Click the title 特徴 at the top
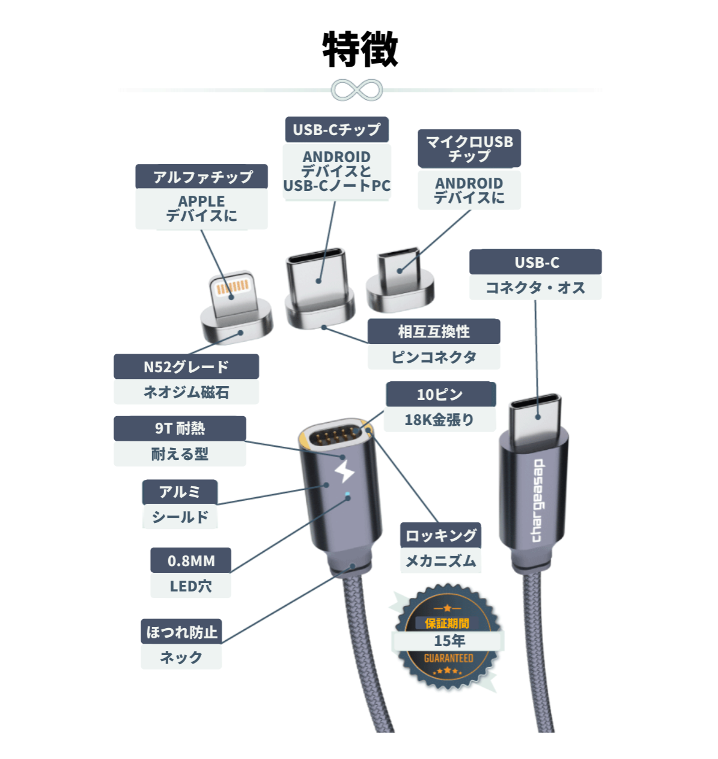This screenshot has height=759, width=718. (x=360, y=49)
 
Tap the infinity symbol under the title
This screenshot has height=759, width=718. (x=356, y=90)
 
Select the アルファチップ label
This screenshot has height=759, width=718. (x=201, y=177)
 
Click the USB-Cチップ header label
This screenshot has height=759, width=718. (x=336, y=129)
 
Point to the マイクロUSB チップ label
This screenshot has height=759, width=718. (x=469, y=148)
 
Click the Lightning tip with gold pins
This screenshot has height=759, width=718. (x=236, y=307)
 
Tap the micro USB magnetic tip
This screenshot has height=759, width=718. (x=400, y=280)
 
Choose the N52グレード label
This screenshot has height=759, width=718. (x=186, y=366)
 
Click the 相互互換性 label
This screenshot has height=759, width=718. (x=434, y=331)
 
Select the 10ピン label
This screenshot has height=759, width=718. (x=440, y=394)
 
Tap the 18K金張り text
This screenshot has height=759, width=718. (x=439, y=419)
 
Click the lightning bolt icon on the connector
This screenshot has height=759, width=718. (x=344, y=471)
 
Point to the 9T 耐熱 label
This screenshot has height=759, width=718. (x=180, y=428)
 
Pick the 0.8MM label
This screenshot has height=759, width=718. (x=191, y=560)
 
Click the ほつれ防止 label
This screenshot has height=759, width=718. (x=181, y=631)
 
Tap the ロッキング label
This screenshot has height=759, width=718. (x=440, y=535)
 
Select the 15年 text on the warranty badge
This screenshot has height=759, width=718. (x=449, y=641)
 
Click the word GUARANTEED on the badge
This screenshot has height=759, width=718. (x=448, y=658)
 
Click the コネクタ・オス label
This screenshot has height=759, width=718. (x=535, y=287)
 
